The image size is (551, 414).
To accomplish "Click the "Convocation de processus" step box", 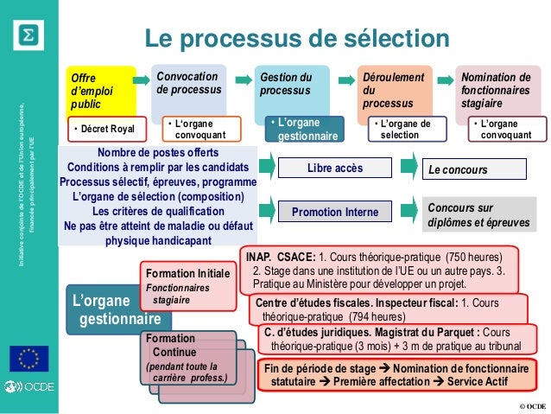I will pos(189,86).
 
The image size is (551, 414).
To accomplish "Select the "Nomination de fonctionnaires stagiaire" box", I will pos(498,91).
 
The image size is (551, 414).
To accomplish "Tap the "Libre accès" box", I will pos(335,168).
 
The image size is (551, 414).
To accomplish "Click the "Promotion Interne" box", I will pos(334,210).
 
